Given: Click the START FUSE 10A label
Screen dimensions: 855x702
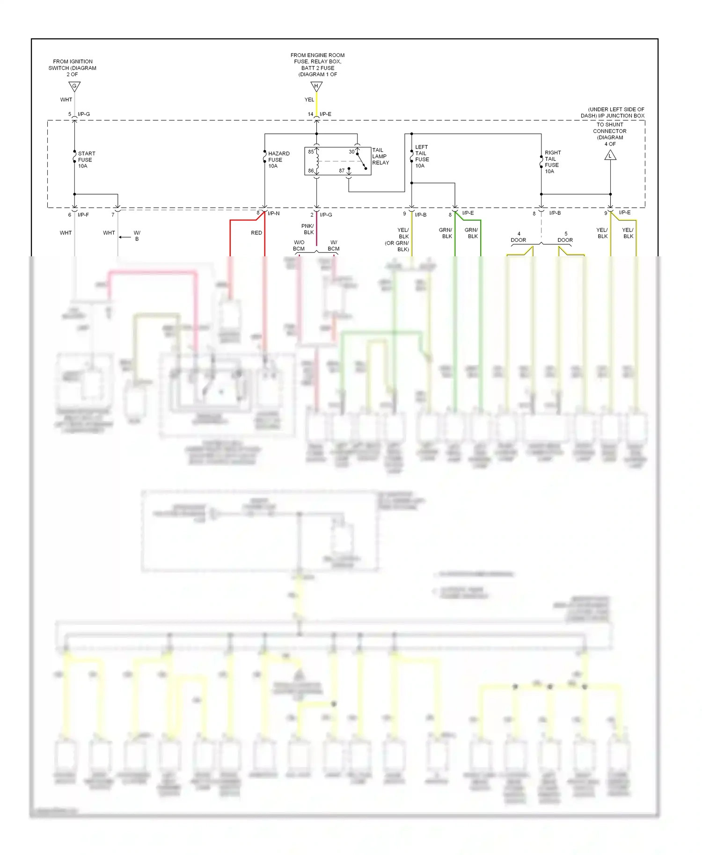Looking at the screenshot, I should point(86,159).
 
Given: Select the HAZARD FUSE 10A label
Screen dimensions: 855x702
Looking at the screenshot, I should point(278,159).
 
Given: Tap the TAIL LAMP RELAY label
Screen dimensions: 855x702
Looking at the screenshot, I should point(380,156).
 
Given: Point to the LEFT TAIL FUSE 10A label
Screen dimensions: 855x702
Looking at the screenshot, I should point(422,156).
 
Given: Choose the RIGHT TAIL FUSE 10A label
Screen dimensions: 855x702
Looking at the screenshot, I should point(552,162).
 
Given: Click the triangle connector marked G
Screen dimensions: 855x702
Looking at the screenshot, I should point(74,87).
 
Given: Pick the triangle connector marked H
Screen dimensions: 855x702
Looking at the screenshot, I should point(316,87).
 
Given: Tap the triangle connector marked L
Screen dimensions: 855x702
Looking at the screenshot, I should point(610,155).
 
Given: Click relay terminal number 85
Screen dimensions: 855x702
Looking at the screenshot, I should point(311,152).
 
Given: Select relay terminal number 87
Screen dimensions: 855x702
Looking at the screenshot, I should point(342,171).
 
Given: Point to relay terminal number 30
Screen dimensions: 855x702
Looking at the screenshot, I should point(351,152).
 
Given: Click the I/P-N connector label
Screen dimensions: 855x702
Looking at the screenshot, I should point(273,213).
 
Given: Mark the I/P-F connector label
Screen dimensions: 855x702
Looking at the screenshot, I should point(83,215).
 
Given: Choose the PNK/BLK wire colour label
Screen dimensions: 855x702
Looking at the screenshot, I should point(307,229).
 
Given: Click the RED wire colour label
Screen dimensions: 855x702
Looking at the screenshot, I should point(256,232).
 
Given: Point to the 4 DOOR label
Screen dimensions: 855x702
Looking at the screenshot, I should point(518,237).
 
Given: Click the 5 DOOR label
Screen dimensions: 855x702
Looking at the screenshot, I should point(565,237).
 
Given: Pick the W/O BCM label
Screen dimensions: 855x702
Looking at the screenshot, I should point(299,246).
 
